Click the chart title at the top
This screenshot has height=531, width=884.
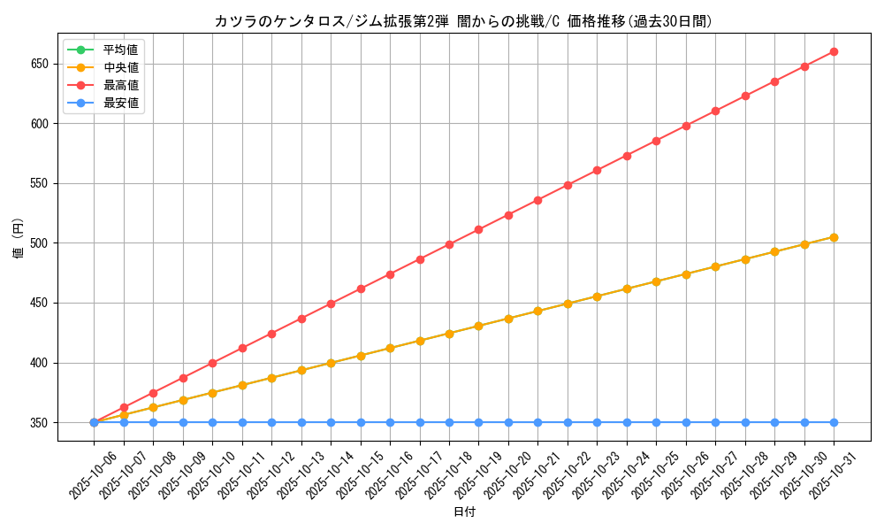click(x=462, y=21)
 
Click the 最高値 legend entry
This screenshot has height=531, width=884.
click(x=120, y=85)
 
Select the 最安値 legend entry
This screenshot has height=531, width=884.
click(x=120, y=103)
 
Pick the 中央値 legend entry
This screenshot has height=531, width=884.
click(x=120, y=67)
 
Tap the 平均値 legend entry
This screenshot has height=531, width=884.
click(x=120, y=50)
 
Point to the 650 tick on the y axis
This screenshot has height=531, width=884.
click(x=41, y=64)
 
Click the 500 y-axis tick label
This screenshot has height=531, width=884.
click(x=41, y=243)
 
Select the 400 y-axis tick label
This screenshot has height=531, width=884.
click(x=41, y=363)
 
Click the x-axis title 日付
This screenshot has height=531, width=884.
click(x=464, y=512)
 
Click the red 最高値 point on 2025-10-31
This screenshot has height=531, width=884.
click(x=834, y=51)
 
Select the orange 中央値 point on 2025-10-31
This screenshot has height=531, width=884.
click(x=834, y=237)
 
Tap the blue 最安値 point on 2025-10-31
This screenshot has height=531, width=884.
click(x=834, y=422)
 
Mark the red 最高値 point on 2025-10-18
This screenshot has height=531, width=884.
click(x=449, y=244)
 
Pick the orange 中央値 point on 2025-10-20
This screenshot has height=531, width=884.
click(x=508, y=319)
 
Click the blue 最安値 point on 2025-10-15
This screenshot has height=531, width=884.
click(x=361, y=422)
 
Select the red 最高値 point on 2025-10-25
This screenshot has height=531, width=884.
click(x=656, y=141)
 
